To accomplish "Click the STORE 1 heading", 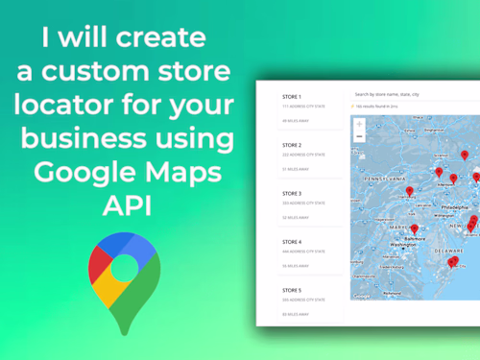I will coord(292,97).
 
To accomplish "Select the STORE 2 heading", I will coord(292,145).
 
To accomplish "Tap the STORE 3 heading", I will coord(292,193).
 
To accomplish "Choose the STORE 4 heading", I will coord(292,241).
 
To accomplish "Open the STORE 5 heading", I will coord(292,289).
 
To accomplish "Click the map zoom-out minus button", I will coord(359,137).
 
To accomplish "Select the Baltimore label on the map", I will coord(414,236).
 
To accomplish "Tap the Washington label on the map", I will coord(403,245).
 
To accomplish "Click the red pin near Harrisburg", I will coord(410,191).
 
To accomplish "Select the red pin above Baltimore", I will coord(414,228).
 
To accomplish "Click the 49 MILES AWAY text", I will coord(293,121).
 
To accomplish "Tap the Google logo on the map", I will coord(363,296).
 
